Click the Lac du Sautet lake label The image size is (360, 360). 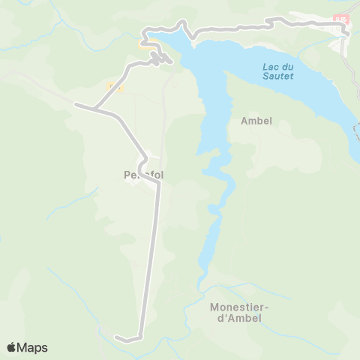[x=277, y=71]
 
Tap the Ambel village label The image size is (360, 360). [x=256, y=120]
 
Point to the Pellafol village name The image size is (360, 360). [x=142, y=175]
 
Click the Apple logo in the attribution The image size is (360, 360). [x=12, y=347]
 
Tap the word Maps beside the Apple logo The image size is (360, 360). [x=33, y=347]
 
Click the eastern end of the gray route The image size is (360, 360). [x=347, y=32]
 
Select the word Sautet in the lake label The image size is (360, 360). [x=277, y=76]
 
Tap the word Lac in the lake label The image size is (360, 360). [x=270, y=67]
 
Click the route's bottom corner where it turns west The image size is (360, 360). [x=141, y=335]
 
